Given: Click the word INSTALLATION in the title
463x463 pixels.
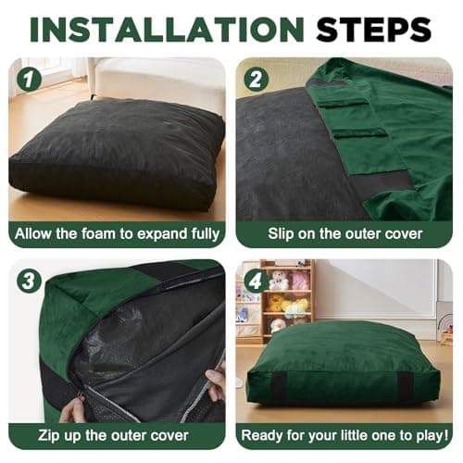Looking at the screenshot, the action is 167,30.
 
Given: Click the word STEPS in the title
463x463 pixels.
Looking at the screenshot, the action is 373,30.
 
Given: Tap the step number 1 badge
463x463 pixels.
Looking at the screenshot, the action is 30,79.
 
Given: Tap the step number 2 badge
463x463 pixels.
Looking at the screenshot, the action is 257,79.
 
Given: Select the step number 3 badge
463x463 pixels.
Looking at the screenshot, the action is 30,282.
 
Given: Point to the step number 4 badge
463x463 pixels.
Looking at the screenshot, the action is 257,282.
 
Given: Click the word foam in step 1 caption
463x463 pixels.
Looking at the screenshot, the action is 98,233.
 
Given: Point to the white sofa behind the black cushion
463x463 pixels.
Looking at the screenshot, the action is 157,81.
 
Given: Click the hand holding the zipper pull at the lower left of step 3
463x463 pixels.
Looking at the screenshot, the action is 73,409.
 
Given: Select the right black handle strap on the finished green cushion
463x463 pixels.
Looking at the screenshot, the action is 405,386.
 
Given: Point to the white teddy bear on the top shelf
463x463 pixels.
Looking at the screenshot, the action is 279,280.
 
